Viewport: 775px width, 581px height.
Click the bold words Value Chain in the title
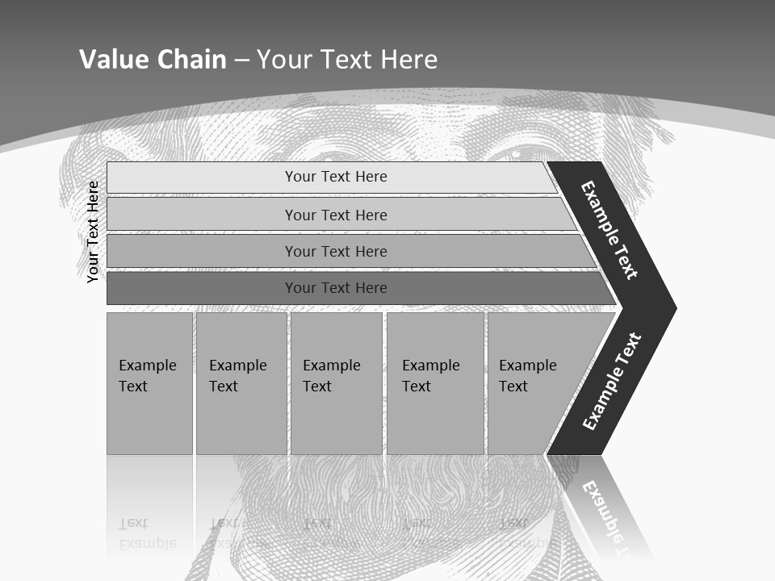click(x=153, y=59)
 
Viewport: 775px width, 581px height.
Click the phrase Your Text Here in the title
click(x=347, y=59)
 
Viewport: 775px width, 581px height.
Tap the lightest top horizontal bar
click(x=202, y=177)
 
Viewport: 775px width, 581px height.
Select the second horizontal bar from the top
click(x=202, y=215)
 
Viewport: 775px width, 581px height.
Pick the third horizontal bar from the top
click(x=202, y=251)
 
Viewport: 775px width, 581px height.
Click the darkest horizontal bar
click(x=202, y=288)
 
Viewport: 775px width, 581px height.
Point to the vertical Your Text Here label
click(x=93, y=232)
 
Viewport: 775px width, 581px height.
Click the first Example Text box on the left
click(x=149, y=383)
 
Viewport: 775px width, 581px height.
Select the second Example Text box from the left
click(x=241, y=383)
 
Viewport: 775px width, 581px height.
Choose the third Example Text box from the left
click(x=336, y=383)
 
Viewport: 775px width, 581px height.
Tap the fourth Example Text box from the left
click(x=435, y=383)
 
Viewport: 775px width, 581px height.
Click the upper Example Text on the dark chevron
click(x=610, y=230)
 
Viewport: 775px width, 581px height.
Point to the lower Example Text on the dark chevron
click(x=611, y=381)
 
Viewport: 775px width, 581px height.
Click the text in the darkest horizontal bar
click(x=336, y=288)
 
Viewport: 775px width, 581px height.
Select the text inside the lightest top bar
click(x=336, y=177)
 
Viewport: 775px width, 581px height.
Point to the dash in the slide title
click(x=241, y=61)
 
